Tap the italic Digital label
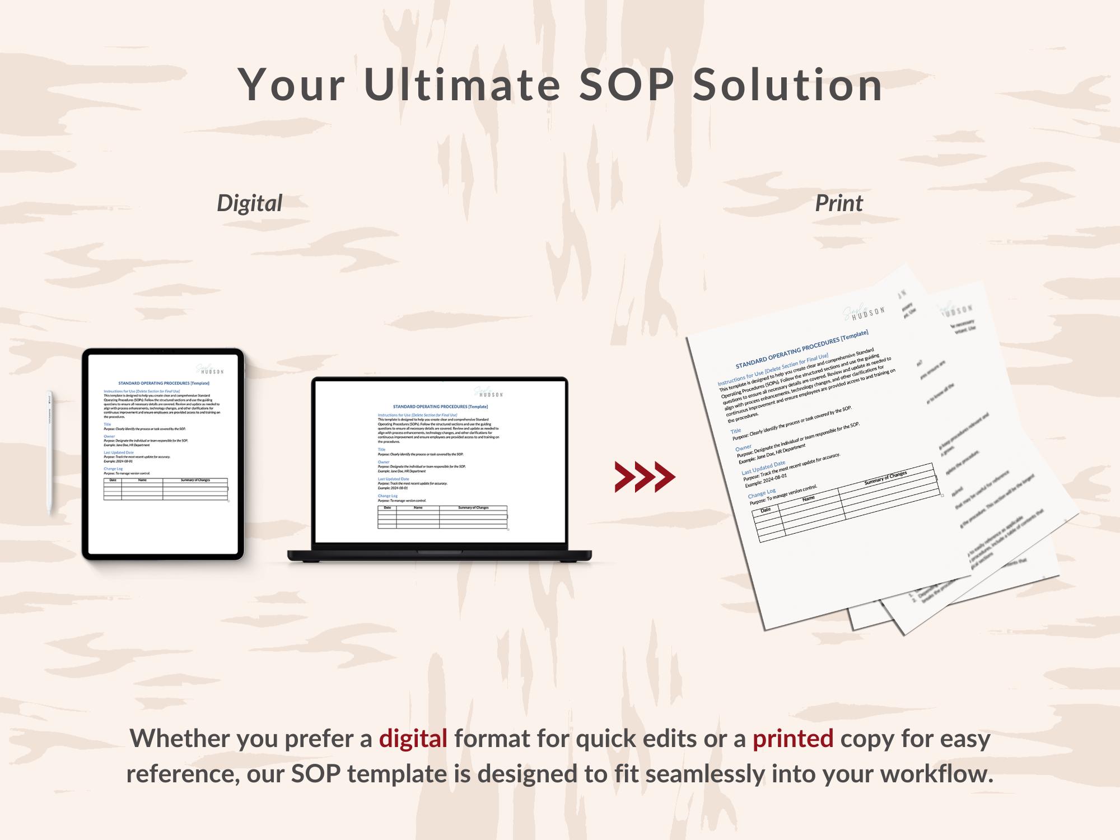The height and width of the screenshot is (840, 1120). pos(249,203)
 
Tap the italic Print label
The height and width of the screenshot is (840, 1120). pos(838,203)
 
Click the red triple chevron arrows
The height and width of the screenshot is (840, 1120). pos(645,477)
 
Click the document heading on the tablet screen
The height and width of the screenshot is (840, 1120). pos(164,384)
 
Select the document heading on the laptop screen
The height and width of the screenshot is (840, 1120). pos(440,407)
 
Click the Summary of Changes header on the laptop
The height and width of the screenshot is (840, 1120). pos(473,507)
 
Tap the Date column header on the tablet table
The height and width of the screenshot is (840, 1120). pos(113,480)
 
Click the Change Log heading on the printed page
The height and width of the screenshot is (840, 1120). pos(761,494)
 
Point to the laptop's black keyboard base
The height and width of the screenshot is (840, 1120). pos(440,555)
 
